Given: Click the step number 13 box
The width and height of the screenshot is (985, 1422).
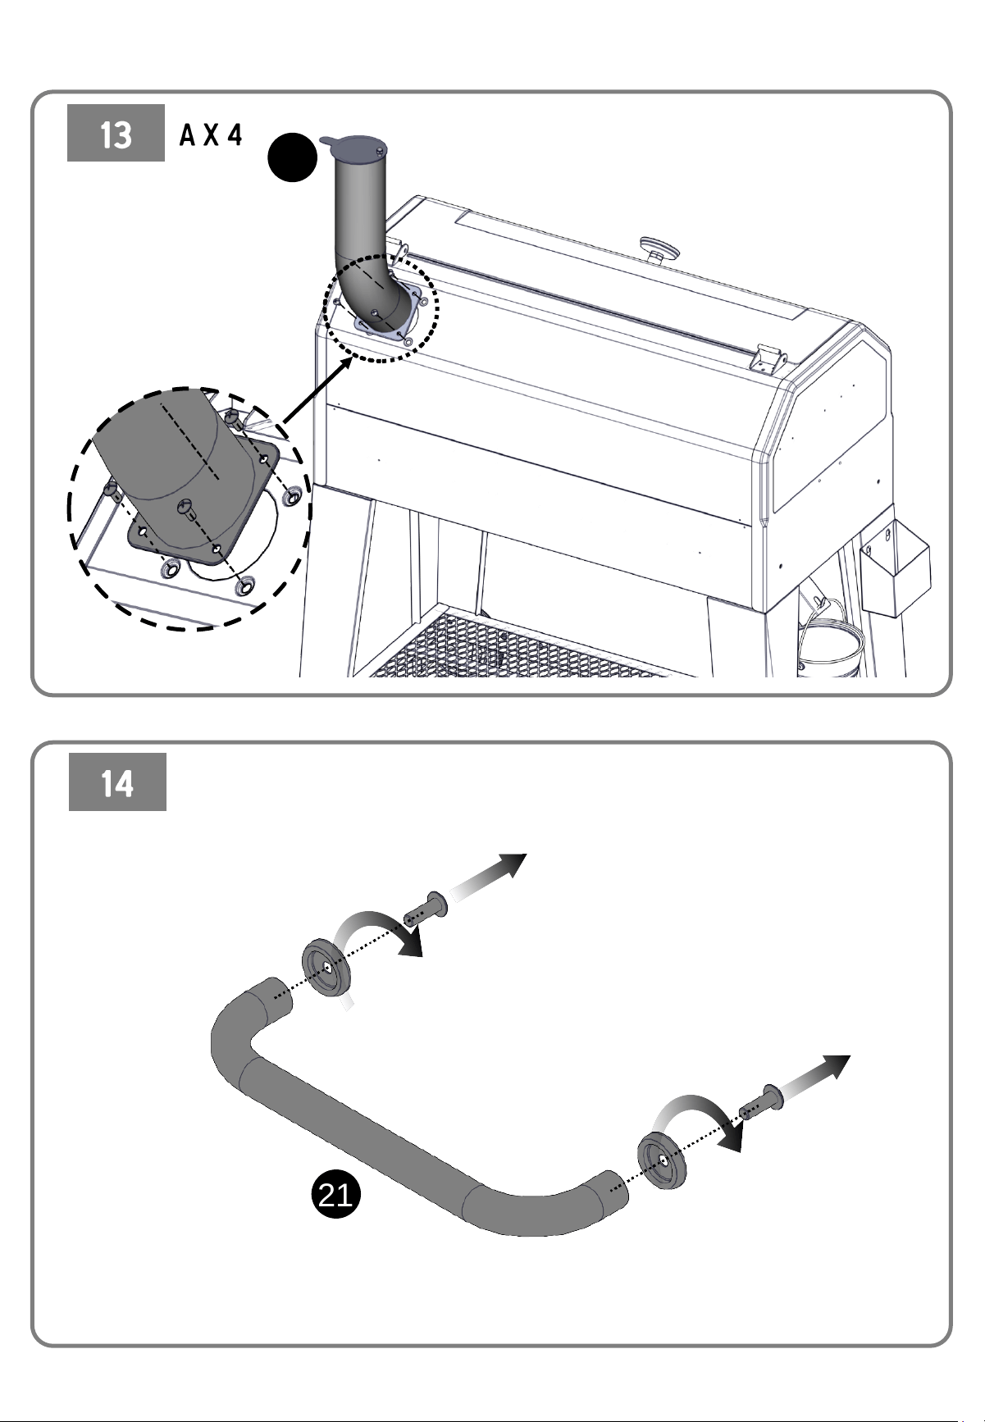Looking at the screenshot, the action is click(116, 133).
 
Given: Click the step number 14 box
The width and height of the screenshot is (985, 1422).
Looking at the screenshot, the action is click(117, 782).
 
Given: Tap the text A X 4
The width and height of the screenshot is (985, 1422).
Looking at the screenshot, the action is click(211, 135).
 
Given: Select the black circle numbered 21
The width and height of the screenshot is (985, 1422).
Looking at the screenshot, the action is click(335, 1196).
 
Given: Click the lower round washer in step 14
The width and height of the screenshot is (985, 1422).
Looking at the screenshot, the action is click(661, 1160).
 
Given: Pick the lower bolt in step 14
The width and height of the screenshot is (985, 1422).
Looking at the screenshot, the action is click(761, 1103).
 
